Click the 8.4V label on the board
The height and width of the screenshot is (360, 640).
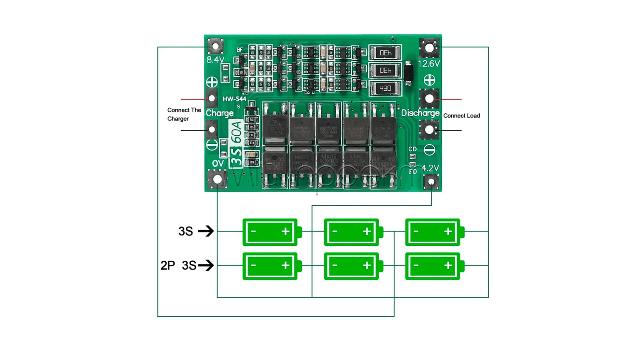(215, 60)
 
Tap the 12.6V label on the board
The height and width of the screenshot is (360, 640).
(429, 64)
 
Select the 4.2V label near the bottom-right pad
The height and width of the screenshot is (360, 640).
(430, 168)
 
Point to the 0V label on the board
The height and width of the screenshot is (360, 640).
(218, 164)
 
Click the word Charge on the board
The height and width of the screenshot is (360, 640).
(220, 113)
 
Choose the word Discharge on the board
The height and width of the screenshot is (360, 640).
(420, 113)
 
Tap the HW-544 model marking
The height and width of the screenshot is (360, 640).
(234, 99)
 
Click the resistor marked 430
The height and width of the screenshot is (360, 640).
(385, 88)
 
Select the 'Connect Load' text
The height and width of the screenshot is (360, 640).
(461, 116)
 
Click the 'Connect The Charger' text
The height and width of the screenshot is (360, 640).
(184, 115)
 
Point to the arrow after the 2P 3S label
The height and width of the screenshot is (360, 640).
(206, 265)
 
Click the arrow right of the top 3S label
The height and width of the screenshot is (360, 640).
(206, 231)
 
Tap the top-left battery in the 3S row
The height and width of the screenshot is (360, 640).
(270, 232)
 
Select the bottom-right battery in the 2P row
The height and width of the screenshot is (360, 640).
(433, 266)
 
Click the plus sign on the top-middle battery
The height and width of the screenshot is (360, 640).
(367, 231)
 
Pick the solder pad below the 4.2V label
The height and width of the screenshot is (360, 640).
(431, 182)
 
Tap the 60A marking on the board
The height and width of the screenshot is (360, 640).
(236, 131)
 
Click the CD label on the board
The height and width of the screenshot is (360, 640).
(412, 149)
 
